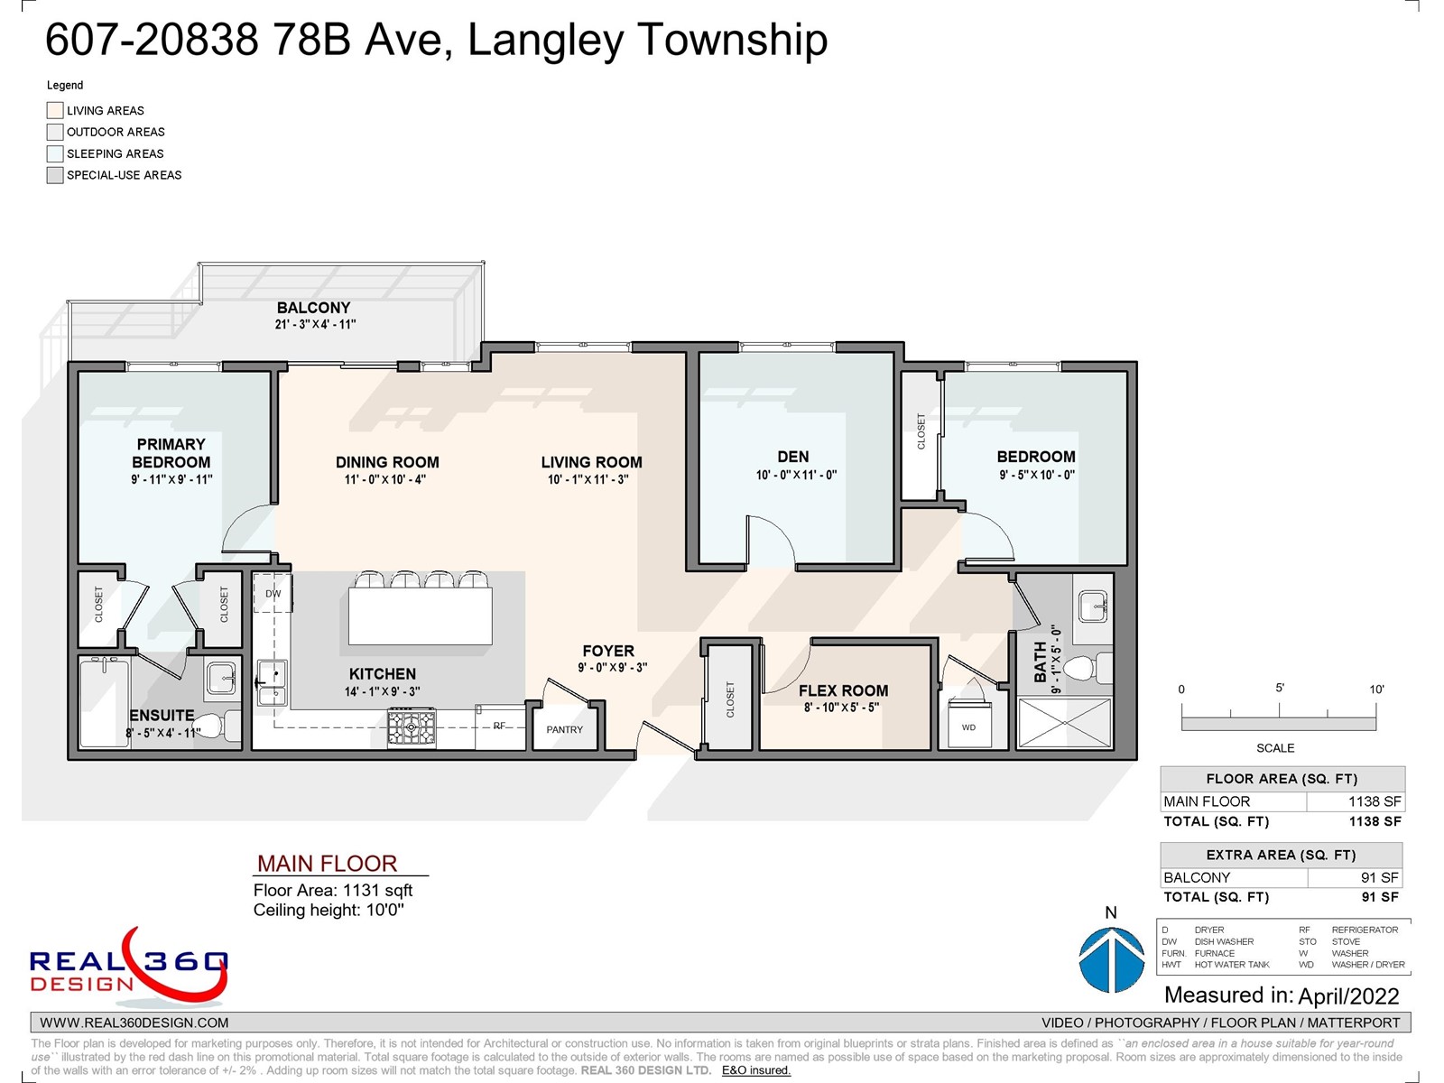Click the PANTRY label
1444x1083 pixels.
(564, 729)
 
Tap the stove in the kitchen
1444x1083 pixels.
(412, 727)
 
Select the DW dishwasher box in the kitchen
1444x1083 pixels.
(273, 592)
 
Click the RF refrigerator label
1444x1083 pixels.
(499, 726)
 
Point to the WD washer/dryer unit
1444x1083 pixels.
(969, 723)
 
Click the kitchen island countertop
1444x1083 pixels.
(420, 616)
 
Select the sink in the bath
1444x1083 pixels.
(1093, 606)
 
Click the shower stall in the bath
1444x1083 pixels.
(1064, 723)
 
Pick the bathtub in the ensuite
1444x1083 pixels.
(105, 702)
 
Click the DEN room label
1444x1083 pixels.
(792, 457)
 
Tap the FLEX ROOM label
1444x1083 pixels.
(843, 690)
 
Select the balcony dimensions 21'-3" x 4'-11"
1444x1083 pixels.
(315, 324)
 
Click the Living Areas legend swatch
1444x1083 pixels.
(55, 110)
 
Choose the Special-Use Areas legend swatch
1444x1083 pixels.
(55, 175)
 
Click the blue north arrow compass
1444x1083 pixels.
(1112, 959)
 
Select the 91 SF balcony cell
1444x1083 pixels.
(1356, 877)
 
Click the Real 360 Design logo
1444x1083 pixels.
(129, 967)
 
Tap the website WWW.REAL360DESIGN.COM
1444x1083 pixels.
(134, 1023)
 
